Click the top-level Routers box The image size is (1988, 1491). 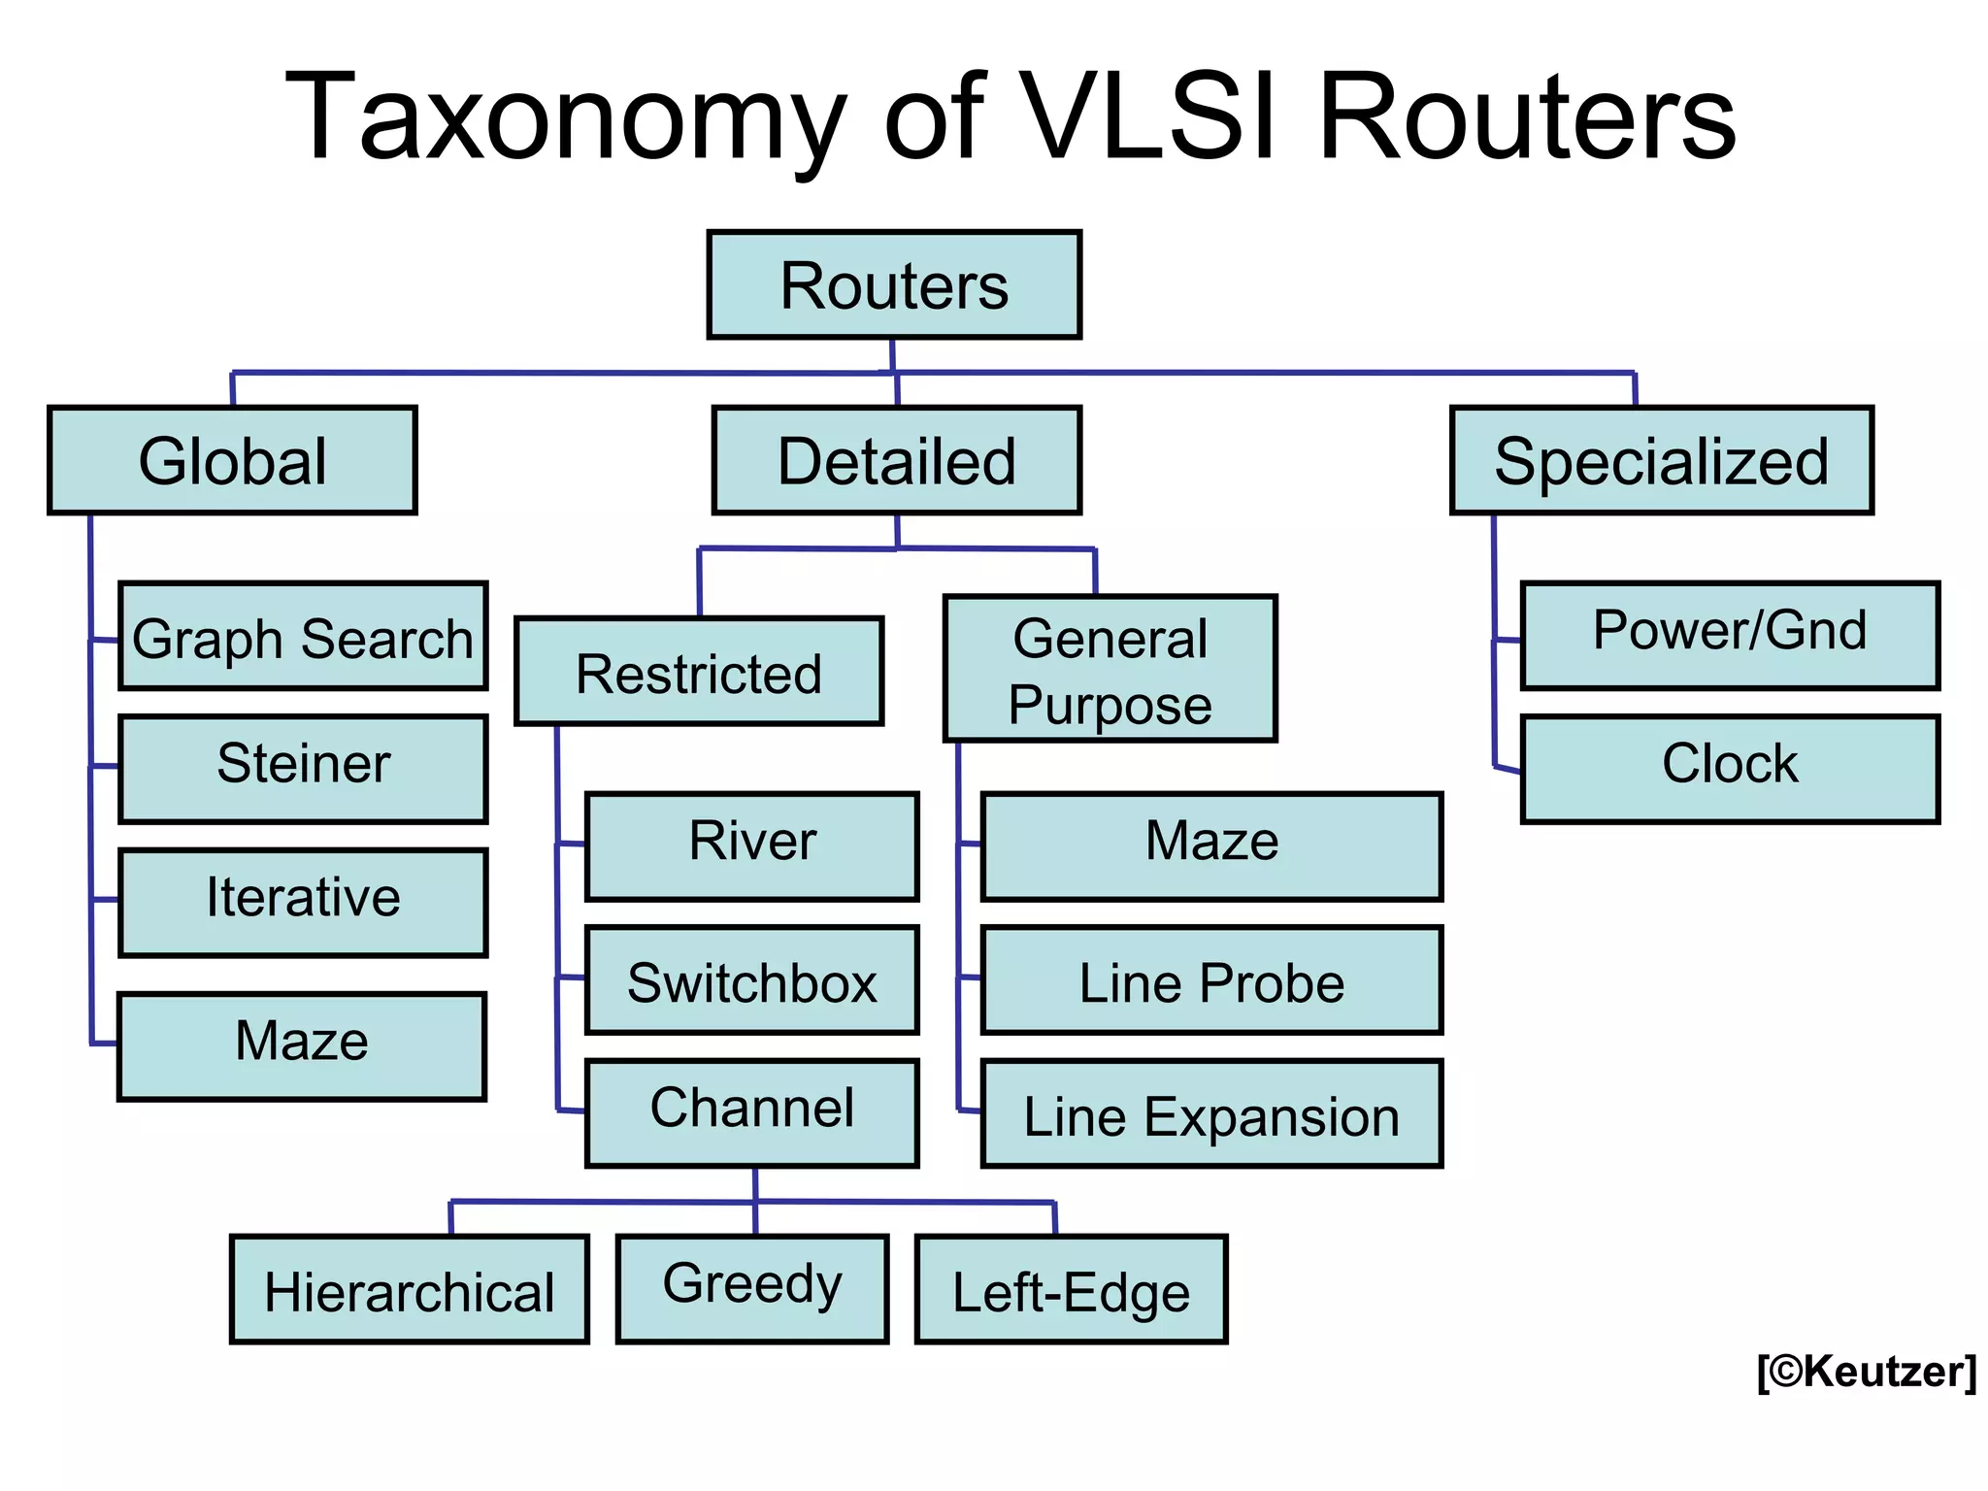click(894, 285)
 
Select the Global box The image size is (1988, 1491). click(232, 460)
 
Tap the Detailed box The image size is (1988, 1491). click(896, 460)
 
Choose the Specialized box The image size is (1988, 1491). click(1661, 460)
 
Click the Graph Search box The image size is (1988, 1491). click(303, 637)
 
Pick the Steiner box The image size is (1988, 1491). click(303, 769)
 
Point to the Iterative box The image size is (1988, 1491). click(303, 903)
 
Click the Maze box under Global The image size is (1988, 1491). click(302, 1046)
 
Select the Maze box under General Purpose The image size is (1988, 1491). click(1211, 846)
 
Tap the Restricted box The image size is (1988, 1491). click(699, 671)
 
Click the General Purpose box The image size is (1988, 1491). click(1110, 669)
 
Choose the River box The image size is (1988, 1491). click(752, 846)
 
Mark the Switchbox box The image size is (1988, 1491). click(752, 980)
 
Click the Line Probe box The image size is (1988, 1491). click(1211, 980)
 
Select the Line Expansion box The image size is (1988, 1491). click(1211, 1114)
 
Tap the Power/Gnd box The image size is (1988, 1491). click(1730, 636)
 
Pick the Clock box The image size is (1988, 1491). click(1730, 769)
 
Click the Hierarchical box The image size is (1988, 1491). click(410, 1290)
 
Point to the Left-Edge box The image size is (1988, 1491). click(1071, 1290)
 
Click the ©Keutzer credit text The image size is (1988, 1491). click(1866, 1372)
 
